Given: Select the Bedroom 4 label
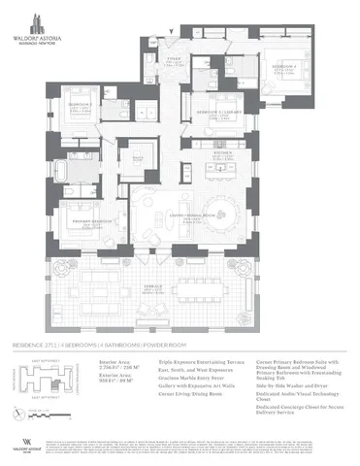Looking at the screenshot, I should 284,70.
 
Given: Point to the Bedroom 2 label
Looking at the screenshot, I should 80,105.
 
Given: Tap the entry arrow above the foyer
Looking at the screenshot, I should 171,32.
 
